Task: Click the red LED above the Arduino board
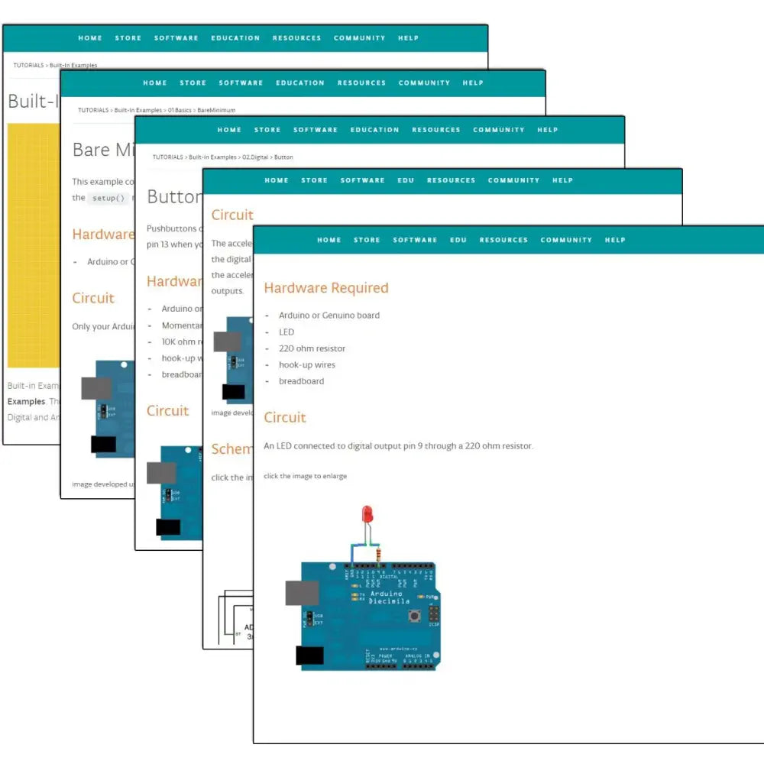367,515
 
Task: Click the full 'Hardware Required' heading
326,288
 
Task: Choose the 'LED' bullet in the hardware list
286,332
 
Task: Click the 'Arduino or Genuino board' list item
329,315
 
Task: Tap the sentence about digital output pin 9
398,446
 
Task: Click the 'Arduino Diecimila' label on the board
390,597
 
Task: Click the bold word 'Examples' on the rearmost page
27,402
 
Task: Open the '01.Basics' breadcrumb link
180,110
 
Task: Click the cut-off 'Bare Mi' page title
102,150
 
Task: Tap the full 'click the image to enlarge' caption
305,476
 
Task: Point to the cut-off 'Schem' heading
231,449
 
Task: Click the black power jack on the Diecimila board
309,656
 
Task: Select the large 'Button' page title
174,197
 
